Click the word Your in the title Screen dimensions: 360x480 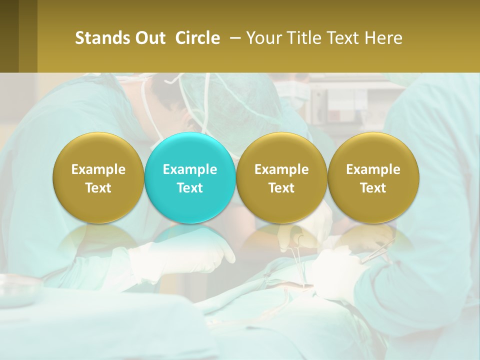(x=262, y=38)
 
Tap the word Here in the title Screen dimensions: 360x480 (x=384, y=38)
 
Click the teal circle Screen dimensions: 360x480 (x=190, y=177)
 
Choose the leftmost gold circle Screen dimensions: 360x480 (x=98, y=177)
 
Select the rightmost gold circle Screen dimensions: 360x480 (x=373, y=177)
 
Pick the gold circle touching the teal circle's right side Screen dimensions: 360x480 (x=281, y=177)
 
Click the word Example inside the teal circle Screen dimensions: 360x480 (x=190, y=169)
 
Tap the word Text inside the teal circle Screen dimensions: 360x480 (x=190, y=188)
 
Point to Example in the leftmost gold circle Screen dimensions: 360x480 (x=98, y=169)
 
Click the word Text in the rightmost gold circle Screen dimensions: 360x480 (x=373, y=188)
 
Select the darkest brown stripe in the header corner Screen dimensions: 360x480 (x=9, y=36)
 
